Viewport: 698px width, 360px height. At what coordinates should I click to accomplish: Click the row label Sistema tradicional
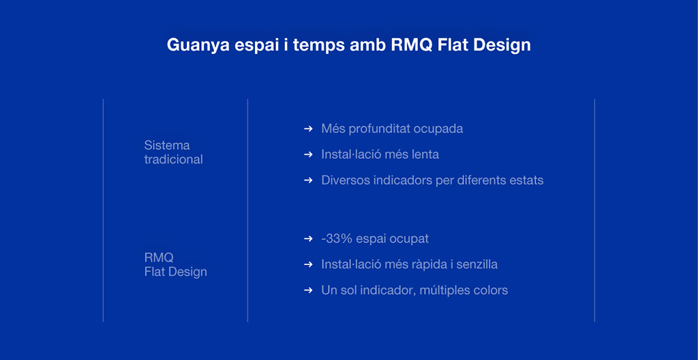coord(173,152)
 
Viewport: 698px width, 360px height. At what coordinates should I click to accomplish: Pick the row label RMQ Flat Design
coord(175,265)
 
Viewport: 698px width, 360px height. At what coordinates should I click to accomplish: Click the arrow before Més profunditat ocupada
coord(308,129)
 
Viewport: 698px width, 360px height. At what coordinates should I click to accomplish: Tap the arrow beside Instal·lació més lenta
coord(308,155)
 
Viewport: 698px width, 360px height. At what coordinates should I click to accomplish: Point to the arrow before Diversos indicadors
coord(308,181)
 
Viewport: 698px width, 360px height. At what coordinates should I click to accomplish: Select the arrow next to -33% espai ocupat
coord(308,239)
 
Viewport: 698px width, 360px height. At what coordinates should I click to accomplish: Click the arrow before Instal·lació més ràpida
coord(308,265)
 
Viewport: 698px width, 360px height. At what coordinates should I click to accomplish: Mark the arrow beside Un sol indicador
coord(308,290)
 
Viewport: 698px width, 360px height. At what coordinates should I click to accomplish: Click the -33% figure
coord(337,239)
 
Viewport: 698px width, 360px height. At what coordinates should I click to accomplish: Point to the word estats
coord(528,181)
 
